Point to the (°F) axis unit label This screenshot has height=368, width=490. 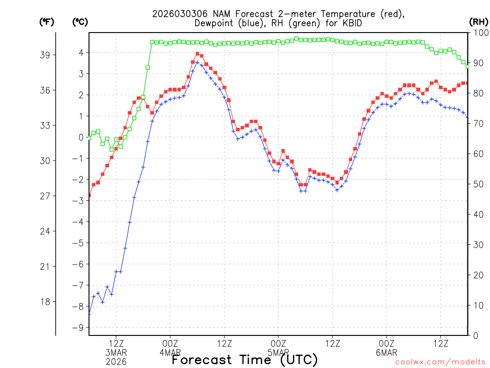pyautogui.click(x=47, y=22)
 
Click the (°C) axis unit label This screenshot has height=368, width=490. pyautogui.click(x=79, y=22)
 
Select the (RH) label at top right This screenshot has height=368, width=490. pyautogui.click(x=478, y=22)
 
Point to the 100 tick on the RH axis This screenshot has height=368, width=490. pyautogui.click(x=479, y=33)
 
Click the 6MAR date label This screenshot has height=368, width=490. pyautogui.click(x=387, y=353)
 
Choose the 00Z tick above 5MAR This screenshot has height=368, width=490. pyautogui.click(x=278, y=344)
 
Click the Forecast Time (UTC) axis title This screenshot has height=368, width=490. pyautogui.click(x=245, y=359)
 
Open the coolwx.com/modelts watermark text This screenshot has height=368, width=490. pyautogui.click(x=440, y=363)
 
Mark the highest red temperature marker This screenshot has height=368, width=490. pyautogui.click(x=197, y=54)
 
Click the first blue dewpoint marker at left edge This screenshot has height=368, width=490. pyautogui.click(x=89, y=314)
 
